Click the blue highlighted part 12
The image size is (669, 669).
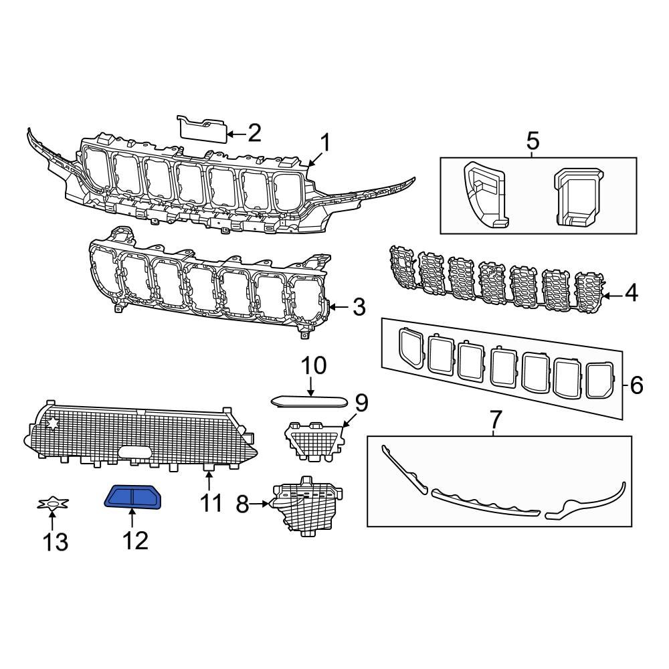click(134, 498)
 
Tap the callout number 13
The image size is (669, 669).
click(56, 541)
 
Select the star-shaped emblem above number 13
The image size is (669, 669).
click(51, 504)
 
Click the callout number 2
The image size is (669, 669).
click(254, 134)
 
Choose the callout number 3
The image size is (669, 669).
click(359, 308)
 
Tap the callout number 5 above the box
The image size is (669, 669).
click(533, 142)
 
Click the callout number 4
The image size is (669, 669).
click(631, 294)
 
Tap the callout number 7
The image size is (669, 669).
click(495, 421)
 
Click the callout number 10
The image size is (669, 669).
click(312, 366)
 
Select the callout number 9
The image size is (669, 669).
click(361, 403)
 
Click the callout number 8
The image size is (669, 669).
click(244, 503)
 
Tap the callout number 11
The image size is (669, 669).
click(211, 501)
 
